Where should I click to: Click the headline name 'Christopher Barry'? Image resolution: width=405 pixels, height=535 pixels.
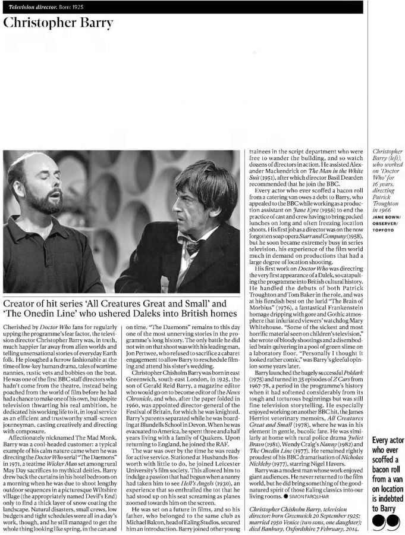[58, 23]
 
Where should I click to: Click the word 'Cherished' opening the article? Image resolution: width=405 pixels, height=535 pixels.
[17, 327]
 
